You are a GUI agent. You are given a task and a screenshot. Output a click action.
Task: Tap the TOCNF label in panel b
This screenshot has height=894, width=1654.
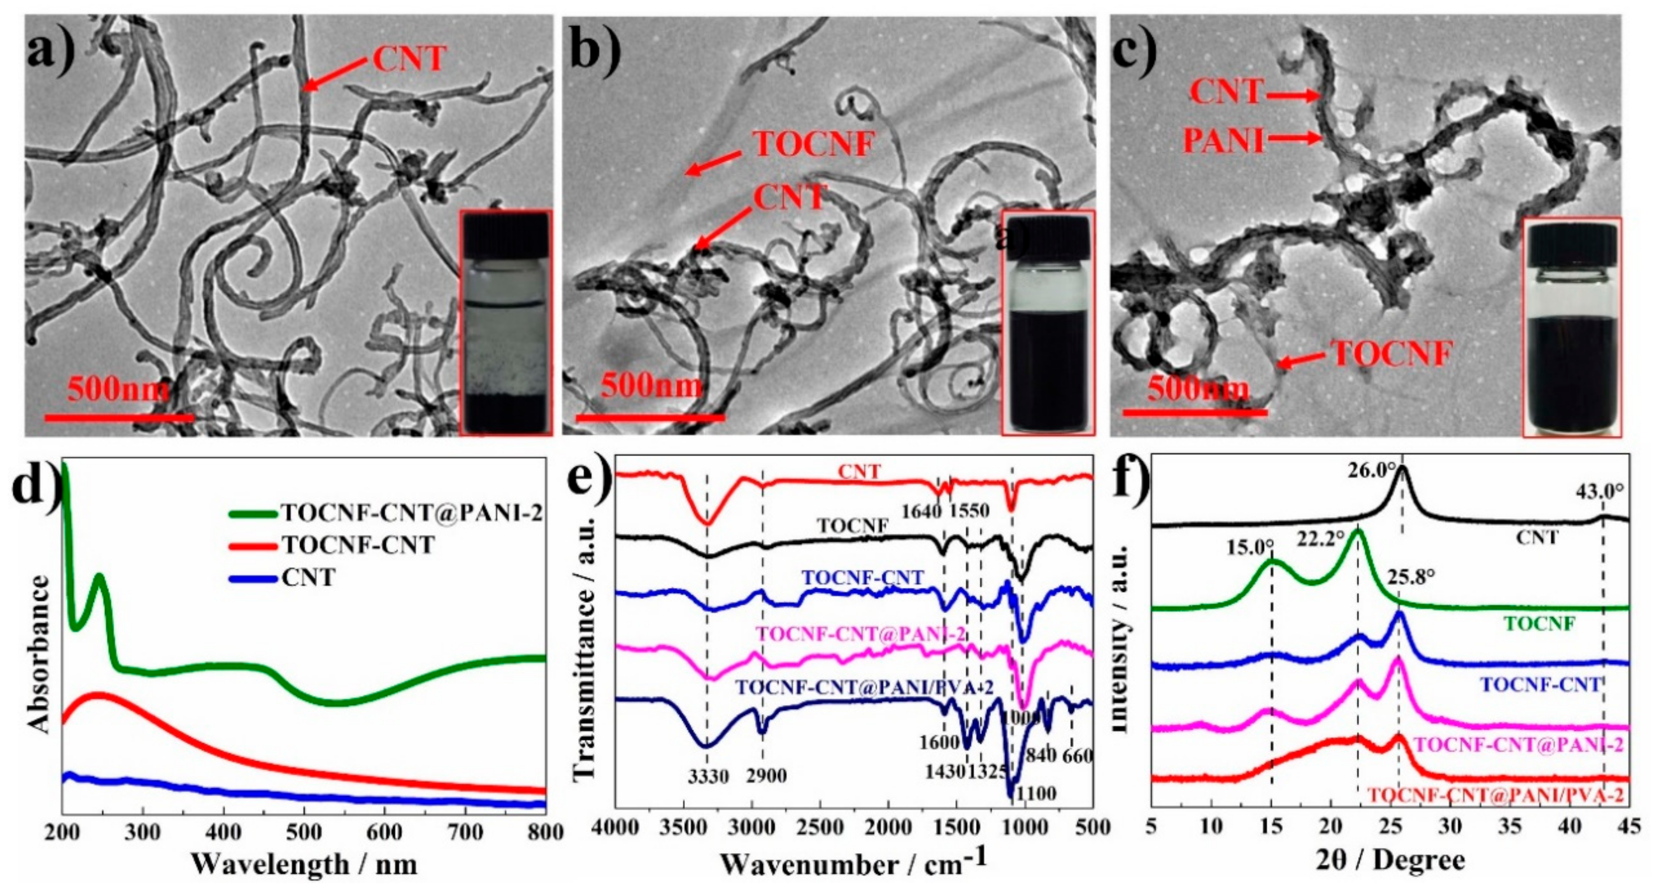[814, 144]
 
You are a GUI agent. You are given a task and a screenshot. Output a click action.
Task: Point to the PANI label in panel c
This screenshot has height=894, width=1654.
[1223, 140]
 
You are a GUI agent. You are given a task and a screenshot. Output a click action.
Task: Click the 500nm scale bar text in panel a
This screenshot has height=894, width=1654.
[118, 389]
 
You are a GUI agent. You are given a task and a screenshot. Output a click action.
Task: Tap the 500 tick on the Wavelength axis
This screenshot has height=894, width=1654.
[304, 833]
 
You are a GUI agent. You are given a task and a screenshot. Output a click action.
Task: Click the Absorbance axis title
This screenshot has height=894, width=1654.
[40, 655]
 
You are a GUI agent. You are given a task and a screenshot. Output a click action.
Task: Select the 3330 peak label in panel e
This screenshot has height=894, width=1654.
[708, 776]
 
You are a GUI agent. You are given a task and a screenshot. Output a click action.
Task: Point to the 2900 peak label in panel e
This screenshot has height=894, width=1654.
[766, 776]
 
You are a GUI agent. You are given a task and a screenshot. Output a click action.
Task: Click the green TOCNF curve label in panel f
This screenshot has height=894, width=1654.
[1540, 623]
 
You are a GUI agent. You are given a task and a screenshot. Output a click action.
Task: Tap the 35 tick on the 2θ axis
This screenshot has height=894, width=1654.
[1511, 827]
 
